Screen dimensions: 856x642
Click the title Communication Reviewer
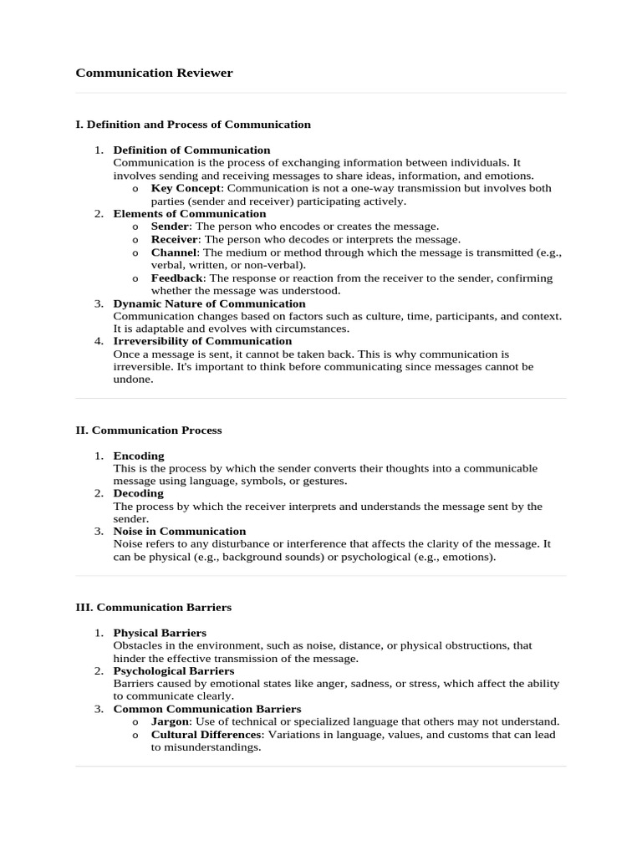pyautogui.click(x=154, y=73)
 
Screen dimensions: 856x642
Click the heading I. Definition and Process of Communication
pyautogui.click(x=193, y=125)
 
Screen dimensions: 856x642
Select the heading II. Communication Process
pyautogui.click(x=149, y=431)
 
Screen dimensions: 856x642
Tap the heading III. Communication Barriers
pyautogui.click(x=153, y=608)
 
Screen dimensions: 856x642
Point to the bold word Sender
pyautogui.click(x=170, y=227)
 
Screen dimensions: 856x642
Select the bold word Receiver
pyautogui.click(x=174, y=239)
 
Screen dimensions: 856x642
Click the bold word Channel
pyautogui.click(x=174, y=252)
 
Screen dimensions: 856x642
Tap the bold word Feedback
pyautogui.click(x=177, y=278)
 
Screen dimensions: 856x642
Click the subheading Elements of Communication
pyautogui.click(x=190, y=214)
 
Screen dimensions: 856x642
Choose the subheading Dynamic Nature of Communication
pyautogui.click(x=209, y=303)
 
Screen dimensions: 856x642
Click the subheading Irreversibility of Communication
pyautogui.click(x=202, y=341)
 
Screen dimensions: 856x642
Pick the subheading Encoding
pyautogui.click(x=139, y=456)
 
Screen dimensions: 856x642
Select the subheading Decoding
pyautogui.click(x=139, y=493)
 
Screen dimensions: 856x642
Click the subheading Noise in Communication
pyautogui.click(x=180, y=531)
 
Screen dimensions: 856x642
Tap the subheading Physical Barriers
pyautogui.click(x=160, y=633)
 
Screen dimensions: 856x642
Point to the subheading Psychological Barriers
pyautogui.click(x=174, y=670)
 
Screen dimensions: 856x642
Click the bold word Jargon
pyautogui.click(x=170, y=721)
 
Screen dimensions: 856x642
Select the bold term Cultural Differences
pyautogui.click(x=206, y=735)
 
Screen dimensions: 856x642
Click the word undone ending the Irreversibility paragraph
pyautogui.click(x=133, y=380)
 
